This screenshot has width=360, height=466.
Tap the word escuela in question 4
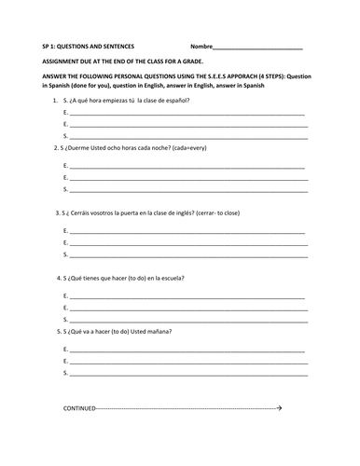click(170, 279)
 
